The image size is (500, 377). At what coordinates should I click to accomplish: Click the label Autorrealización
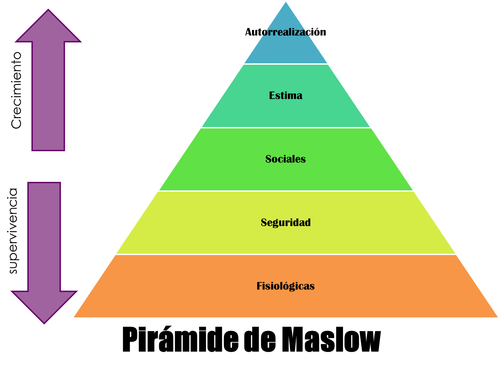click(x=286, y=32)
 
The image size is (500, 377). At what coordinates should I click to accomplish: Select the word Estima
click(x=286, y=95)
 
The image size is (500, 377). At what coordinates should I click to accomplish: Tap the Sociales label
click(x=286, y=159)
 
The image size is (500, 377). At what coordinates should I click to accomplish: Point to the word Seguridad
click(x=286, y=222)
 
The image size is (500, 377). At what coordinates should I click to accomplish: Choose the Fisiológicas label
click(x=286, y=286)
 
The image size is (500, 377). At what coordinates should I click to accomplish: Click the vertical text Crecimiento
click(x=16, y=91)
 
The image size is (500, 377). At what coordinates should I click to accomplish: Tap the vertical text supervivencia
click(x=13, y=231)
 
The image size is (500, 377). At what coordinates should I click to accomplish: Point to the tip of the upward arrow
click(x=48, y=10)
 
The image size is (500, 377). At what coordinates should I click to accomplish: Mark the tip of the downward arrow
click(x=44, y=324)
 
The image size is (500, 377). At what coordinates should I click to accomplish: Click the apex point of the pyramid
click(x=286, y=1)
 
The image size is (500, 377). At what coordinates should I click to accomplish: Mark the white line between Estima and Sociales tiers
click(x=286, y=128)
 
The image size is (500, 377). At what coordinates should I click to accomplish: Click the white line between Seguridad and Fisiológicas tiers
click(x=286, y=254)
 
